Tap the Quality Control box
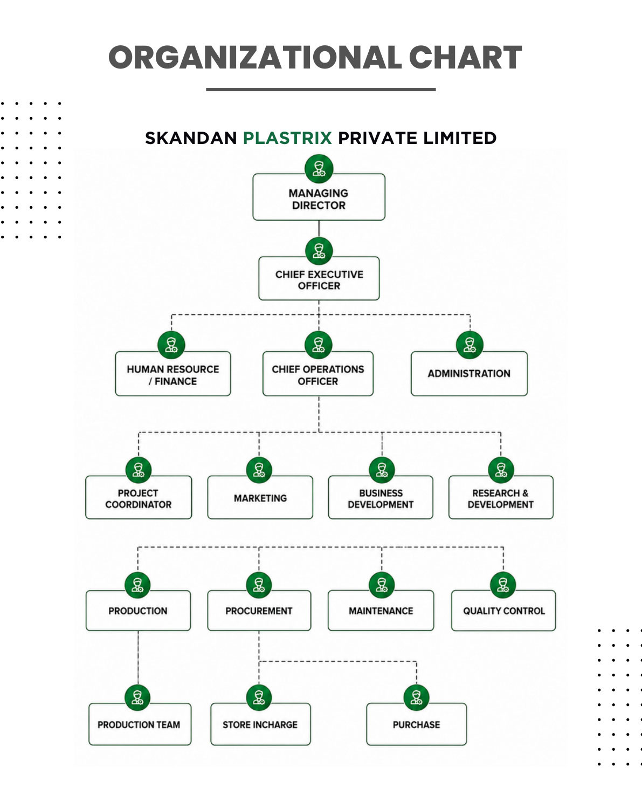tap(503, 611)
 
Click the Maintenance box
tap(381, 611)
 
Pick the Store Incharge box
tap(260, 724)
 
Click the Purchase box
tap(417, 724)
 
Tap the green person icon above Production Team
tap(138, 697)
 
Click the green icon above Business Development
tap(382, 470)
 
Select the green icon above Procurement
tap(259, 585)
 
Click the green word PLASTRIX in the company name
tap(287, 138)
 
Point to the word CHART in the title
tap(465, 57)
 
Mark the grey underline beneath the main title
tap(321, 90)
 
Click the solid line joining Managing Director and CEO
tap(319, 229)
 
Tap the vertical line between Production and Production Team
tap(138, 657)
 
